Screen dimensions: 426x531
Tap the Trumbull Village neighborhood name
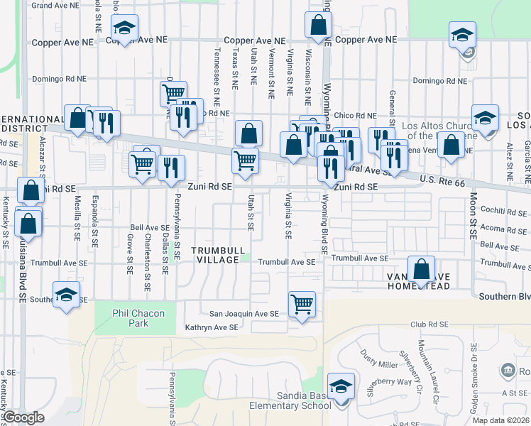218,256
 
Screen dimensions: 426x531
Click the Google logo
23,417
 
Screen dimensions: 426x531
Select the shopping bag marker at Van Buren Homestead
422,269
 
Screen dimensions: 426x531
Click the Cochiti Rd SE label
504,212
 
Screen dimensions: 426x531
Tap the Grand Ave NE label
55,6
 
